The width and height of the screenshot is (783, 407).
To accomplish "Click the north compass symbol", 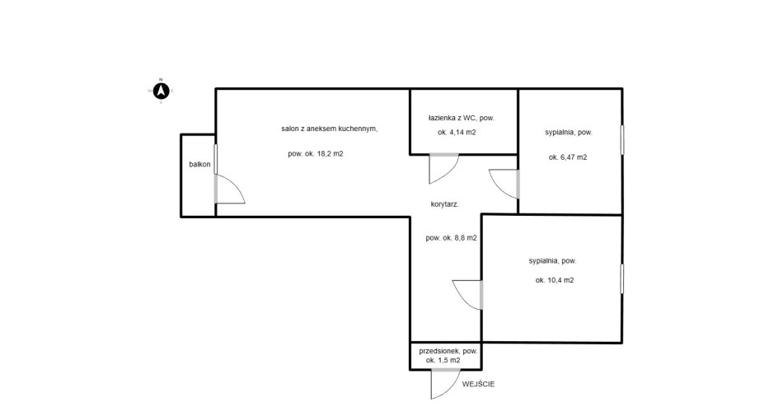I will click(x=162, y=90).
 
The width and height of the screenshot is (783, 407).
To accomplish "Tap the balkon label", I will click(x=199, y=165).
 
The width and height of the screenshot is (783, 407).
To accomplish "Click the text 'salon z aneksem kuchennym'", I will click(x=329, y=129).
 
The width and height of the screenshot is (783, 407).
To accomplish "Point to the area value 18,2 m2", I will click(x=316, y=154).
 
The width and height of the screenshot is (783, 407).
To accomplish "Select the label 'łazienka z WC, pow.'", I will click(x=461, y=119).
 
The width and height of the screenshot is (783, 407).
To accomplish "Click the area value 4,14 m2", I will click(x=457, y=133).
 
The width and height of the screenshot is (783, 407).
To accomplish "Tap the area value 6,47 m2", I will click(x=567, y=157).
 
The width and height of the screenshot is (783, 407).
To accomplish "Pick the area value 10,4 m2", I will click(x=554, y=280).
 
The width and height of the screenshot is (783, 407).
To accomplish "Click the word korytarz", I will click(x=445, y=204).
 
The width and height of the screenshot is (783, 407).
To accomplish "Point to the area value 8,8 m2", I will click(x=451, y=238).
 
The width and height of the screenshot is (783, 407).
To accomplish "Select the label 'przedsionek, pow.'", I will click(x=448, y=351).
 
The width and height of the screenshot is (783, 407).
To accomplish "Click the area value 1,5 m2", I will click(x=443, y=361).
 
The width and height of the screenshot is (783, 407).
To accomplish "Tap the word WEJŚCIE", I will click(x=478, y=384).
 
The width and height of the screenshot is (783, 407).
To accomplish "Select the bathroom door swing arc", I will click(x=444, y=169).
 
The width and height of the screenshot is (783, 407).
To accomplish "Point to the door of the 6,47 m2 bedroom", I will click(x=504, y=182).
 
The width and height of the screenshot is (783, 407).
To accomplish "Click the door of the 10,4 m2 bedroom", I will click(x=467, y=293).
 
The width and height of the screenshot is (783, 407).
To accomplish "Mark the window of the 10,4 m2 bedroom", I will click(x=623, y=278).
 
